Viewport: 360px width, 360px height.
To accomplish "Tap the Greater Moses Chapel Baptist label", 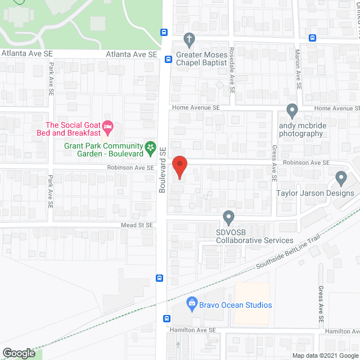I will click(202, 59).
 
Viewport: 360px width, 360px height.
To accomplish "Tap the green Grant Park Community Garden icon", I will click(151, 148).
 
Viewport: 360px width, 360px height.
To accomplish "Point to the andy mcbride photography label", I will click(301, 129).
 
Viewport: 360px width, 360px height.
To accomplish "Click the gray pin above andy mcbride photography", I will click(292, 110).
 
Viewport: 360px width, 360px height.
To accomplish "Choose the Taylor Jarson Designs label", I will click(315, 193).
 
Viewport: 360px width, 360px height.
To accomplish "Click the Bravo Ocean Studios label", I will click(236, 305).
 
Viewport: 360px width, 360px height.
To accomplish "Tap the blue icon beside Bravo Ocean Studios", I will click(191, 304).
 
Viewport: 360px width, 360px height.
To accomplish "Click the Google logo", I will click(18, 353).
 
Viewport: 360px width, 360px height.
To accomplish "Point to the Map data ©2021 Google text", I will click(324, 355).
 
